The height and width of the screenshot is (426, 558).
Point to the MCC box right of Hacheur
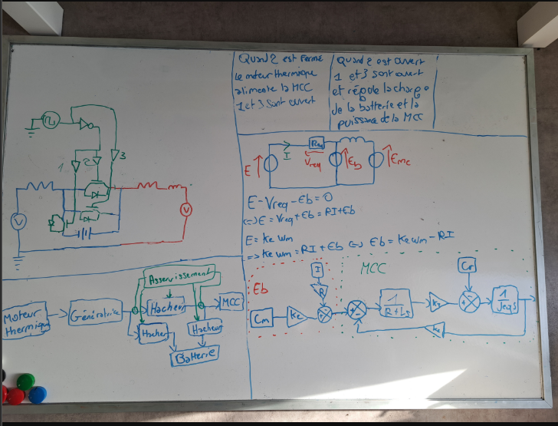(x=231, y=302)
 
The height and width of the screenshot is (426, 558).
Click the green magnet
(x=26, y=381)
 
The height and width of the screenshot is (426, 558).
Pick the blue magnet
(x=36, y=395)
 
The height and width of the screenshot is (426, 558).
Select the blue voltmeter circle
(x=22, y=221)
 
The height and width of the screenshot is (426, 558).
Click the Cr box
(x=468, y=266)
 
